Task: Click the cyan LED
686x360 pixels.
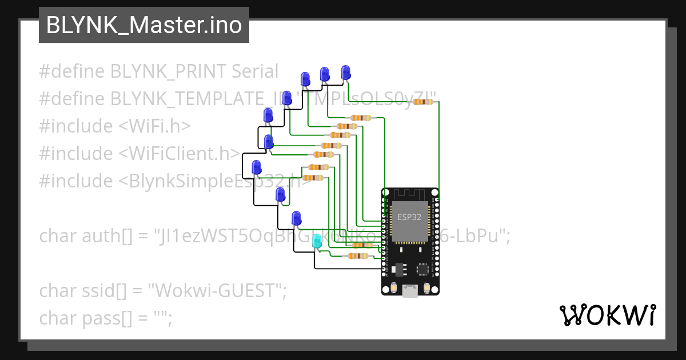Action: pos(317,242)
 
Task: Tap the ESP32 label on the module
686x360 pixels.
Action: pos(409,217)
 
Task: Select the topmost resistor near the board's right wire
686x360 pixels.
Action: pos(423,102)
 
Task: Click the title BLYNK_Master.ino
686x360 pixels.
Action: pos(143,25)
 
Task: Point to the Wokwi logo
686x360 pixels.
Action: pos(607,315)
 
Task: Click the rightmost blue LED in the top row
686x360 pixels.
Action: pos(345,73)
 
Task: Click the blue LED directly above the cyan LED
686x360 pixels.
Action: pos(296,218)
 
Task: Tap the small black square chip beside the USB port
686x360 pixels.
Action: pos(424,269)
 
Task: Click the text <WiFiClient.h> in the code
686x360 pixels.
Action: pos(180,153)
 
